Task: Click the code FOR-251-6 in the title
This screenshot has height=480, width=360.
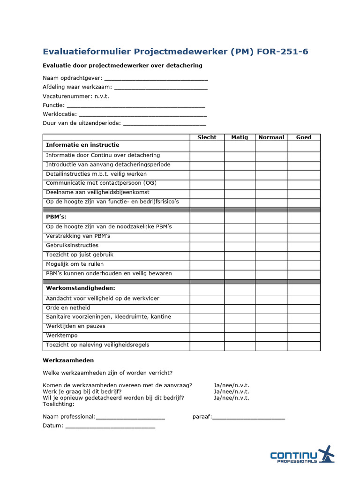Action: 283,52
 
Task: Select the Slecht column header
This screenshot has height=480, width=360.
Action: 207,137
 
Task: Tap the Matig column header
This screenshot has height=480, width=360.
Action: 240,137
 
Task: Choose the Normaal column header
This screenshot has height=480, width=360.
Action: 271,137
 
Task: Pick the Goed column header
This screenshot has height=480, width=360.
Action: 304,137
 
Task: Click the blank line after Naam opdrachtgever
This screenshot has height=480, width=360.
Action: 156,79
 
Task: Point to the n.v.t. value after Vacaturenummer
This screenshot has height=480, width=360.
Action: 102,96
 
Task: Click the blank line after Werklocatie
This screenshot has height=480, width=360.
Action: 143,115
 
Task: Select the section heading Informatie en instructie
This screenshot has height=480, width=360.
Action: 82,145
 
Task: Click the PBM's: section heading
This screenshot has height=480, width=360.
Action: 56,217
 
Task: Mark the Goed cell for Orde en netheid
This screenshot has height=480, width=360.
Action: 304,308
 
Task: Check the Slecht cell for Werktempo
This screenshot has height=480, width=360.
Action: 207,336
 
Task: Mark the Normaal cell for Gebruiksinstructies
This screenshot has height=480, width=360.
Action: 271,246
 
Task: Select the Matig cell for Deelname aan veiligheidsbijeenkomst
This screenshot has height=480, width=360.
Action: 240,193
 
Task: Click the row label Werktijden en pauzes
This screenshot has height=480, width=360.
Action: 75,326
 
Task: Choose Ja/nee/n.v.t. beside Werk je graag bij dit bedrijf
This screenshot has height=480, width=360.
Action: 232,392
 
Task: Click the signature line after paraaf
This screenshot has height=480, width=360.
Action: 248,417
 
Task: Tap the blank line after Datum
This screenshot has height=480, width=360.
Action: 110,427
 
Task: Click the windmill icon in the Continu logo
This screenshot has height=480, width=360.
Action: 326,454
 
